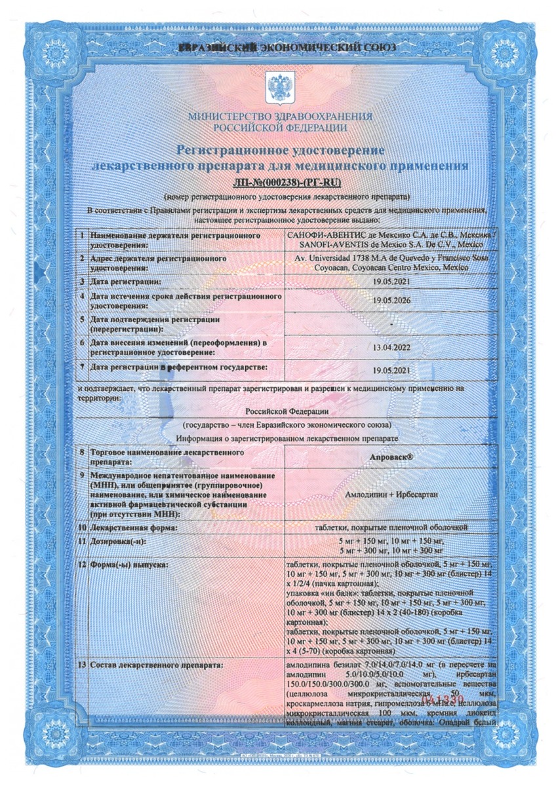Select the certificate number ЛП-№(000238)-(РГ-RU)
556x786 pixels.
pos(277,181)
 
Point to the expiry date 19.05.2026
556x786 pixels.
pos(391,301)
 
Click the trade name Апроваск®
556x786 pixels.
pos(391,457)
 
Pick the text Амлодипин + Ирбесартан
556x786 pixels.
pos(391,495)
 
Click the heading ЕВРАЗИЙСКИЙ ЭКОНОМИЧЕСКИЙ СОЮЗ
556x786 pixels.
pos(278,49)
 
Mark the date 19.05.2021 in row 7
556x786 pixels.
pos(391,371)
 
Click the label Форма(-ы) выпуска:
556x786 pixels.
pos(129,564)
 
